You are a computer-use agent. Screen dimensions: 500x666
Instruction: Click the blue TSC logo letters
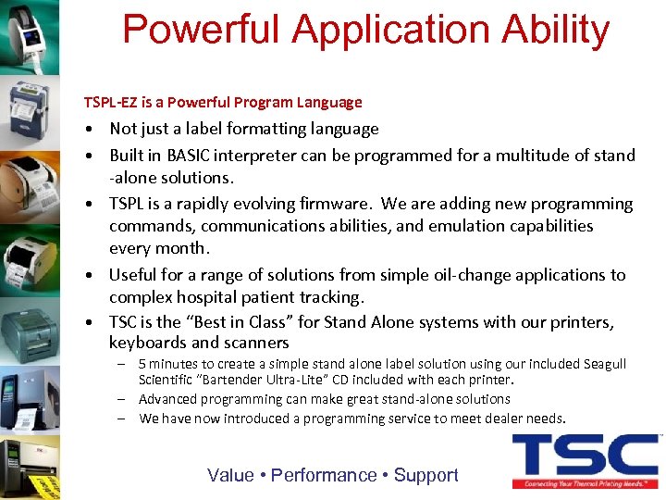pos(585,456)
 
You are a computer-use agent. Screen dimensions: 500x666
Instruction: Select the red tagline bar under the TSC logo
pos(585,483)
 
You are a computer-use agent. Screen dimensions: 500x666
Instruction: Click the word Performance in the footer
pos(324,475)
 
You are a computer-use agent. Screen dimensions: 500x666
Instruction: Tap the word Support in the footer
pos(426,475)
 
